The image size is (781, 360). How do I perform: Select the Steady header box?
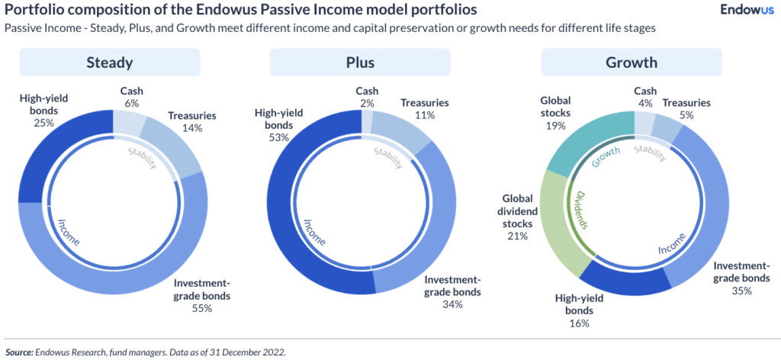tap(109, 63)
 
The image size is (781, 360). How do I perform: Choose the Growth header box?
tap(631, 63)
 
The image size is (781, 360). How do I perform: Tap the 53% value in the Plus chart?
tap(278, 138)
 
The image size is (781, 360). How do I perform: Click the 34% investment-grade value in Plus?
tap(452, 304)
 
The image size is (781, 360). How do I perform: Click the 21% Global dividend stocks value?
tap(517, 236)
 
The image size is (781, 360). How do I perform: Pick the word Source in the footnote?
tap(20, 352)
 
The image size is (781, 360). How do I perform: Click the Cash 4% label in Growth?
tap(645, 97)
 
